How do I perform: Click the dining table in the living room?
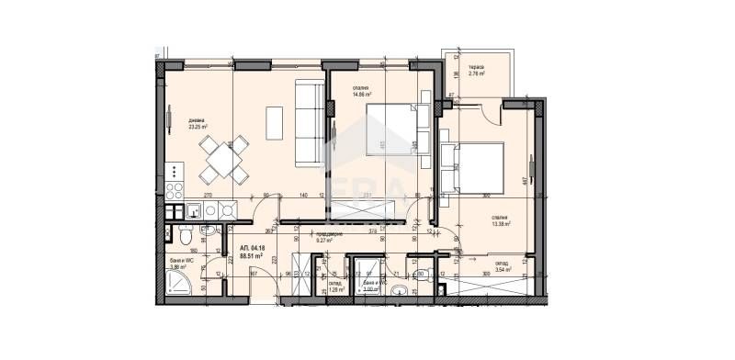(225, 159)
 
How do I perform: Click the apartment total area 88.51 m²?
(253, 257)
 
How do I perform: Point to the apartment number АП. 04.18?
(252, 249)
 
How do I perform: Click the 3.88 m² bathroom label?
(179, 267)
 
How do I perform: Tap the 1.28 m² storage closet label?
(336, 288)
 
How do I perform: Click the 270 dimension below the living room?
(208, 196)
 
